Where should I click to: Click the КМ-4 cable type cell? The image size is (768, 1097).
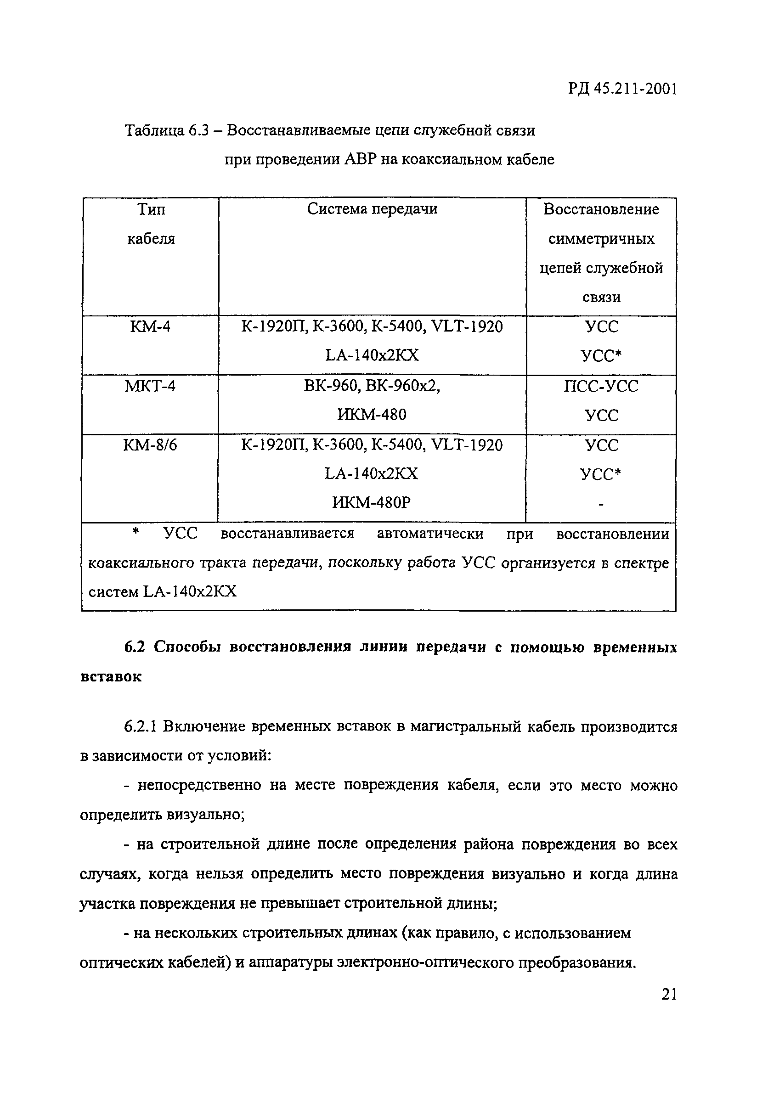(150, 327)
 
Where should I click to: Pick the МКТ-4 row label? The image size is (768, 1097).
(150, 386)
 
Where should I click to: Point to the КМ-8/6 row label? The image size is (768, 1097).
(150, 445)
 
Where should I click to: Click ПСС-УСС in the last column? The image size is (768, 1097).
(601, 386)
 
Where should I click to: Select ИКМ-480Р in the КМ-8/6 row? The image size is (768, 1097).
(371, 502)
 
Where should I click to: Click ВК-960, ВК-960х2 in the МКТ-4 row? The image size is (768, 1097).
(371, 386)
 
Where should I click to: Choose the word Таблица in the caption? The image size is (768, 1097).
(154, 130)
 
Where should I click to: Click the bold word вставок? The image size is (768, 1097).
(111, 676)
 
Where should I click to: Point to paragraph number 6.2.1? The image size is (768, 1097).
(141, 727)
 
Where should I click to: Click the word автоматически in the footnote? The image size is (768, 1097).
(430, 533)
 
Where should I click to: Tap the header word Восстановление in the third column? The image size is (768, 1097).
(601, 209)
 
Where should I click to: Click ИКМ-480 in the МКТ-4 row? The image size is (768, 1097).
(371, 415)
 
